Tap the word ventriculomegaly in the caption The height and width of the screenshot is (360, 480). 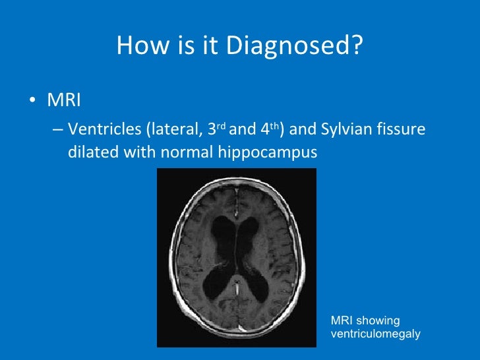click(375, 334)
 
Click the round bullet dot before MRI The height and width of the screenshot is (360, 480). click(32, 103)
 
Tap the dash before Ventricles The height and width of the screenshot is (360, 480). click(57, 131)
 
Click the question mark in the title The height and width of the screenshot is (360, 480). click(358, 45)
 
